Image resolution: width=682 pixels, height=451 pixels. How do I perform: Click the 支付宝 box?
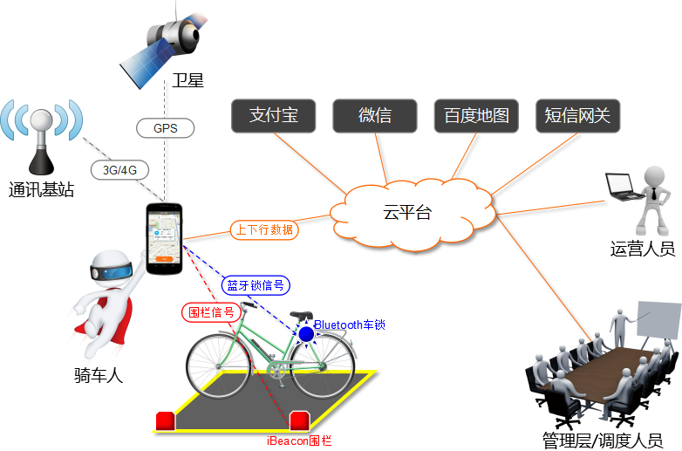(x=273, y=116)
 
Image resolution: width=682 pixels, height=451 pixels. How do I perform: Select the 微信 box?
(x=374, y=116)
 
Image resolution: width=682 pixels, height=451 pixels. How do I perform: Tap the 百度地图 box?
(x=476, y=116)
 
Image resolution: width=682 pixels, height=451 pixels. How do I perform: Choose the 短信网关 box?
(x=577, y=116)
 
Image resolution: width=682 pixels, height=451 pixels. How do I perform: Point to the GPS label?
(x=165, y=128)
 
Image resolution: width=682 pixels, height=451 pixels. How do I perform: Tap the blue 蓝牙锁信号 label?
(x=256, y=285)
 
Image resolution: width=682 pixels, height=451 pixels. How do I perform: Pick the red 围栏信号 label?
(x=211, y=311)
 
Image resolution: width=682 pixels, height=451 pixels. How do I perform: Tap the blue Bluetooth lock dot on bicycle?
(x=306, y=333)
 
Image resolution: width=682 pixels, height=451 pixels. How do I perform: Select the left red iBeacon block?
(x=166, y=421)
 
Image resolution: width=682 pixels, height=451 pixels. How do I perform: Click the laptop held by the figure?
(x=620, y=183)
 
